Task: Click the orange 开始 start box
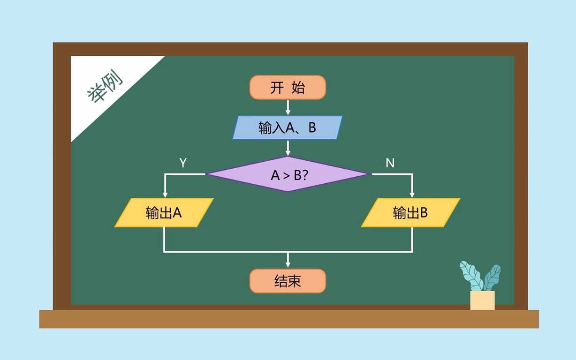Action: point(288,88)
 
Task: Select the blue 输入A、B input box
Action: point(288,127)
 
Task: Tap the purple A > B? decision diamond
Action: point(288,174)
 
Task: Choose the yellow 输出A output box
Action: point(164,213)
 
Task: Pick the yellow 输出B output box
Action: point(410,213)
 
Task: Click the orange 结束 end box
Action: point(288,281)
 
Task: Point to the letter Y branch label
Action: point(183,163)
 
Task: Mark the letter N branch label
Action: point(390,163)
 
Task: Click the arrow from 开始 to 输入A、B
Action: point(288,108)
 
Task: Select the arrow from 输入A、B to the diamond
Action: point(288,149)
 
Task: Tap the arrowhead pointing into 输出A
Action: point(165,194)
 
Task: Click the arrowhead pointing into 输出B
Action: point(412,194)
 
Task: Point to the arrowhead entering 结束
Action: point(288,264)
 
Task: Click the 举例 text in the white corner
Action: point(104,87)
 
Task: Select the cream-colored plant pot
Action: point(482,300)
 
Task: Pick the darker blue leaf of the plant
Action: point(492,277)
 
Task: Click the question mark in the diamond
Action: point(305,175)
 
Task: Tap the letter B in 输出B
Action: point(424,213)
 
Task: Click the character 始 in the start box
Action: point(298,88)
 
